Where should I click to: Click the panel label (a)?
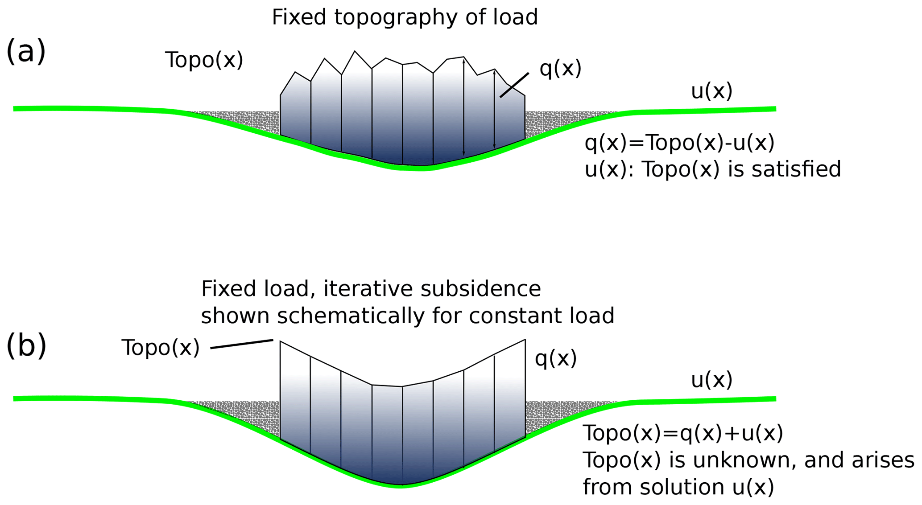point(26,51)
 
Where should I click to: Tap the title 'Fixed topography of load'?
point(405,18)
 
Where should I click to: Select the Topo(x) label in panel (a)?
point(204,60)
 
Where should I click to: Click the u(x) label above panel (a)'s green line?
point(711,91)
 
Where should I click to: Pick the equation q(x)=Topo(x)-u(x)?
point(679,143)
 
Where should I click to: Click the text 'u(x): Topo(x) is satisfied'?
point(712,169)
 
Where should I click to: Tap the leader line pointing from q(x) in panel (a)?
point(514,85)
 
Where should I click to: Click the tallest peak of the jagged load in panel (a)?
point(355,53)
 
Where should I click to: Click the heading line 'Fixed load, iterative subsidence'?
point(371,289)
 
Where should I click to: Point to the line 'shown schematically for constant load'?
point(407,316)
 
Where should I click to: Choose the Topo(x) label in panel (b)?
point(161,348)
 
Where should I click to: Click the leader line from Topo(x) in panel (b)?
point(241,344)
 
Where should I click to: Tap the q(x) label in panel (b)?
point(556,358)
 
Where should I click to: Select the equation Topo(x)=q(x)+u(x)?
point(683,433)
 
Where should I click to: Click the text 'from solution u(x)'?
point(678,487)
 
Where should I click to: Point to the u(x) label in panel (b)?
point(711,380)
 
